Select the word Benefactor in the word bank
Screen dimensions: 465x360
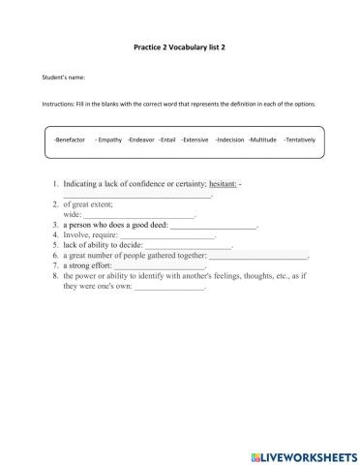point(71,141)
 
